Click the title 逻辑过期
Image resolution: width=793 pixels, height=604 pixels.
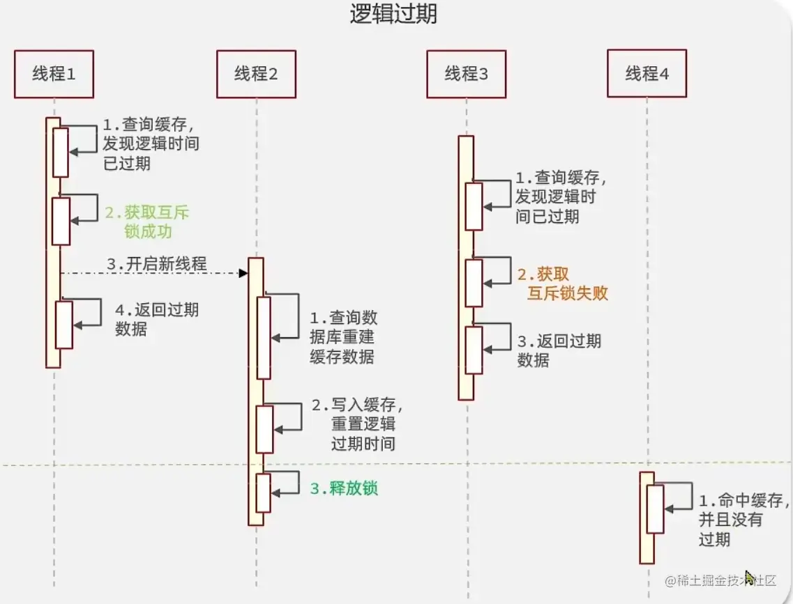394,15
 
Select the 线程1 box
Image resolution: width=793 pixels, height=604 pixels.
54,73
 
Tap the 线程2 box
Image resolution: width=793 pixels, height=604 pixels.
256,73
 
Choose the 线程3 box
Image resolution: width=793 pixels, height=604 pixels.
467,73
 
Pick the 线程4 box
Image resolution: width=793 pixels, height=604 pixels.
647,73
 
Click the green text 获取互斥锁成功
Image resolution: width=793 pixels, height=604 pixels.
147,222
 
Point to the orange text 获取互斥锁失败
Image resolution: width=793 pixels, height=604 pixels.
564,284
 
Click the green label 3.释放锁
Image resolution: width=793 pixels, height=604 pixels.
344,488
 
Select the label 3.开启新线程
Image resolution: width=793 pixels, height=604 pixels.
157,264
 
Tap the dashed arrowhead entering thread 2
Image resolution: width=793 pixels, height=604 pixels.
244,272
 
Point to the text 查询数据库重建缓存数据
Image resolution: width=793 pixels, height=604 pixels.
343,337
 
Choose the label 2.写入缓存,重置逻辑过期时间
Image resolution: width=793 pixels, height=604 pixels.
357,424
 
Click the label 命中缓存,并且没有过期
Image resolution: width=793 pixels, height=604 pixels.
743,519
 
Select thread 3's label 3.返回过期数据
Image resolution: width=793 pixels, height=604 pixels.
559,350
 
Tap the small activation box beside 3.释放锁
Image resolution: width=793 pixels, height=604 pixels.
263,493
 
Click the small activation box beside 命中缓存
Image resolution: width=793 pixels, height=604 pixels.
655,509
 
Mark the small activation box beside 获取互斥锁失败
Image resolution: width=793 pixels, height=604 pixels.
474,283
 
